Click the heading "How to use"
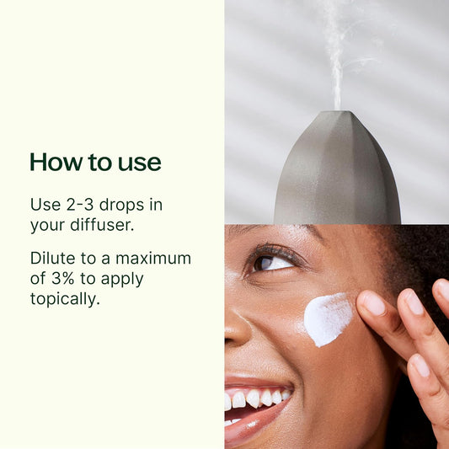[x=96, y=162]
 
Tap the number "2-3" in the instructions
[x=80, y=205]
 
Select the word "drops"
[x=121, y=205]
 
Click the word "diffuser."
[x=102, y=225]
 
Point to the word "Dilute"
[x=53, y=258]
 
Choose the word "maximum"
[x=153, y=259]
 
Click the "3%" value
[x=62, y=278]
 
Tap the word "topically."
[x=66, y=299]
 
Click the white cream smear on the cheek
[x=327, y=319]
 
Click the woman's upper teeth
[x=258, y=398]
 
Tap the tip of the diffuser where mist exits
[x=339, y=112]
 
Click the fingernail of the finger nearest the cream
[x=372, y=303]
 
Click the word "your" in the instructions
[x=47, y=226]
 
